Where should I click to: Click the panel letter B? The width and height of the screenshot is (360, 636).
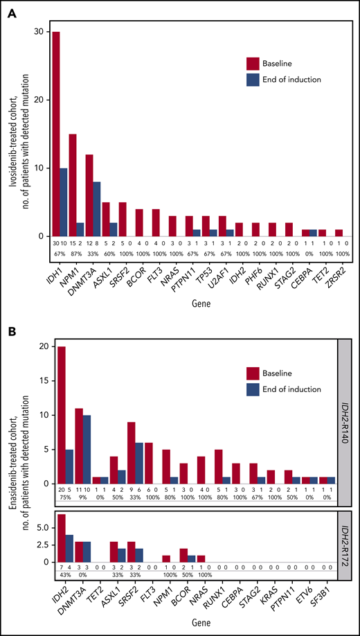tap(9, 334)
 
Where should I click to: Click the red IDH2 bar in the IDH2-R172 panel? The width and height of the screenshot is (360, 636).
tap(62, 538)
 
